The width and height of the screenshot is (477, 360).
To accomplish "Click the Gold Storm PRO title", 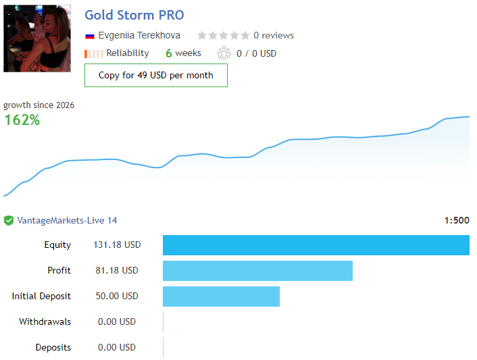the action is (134, 15).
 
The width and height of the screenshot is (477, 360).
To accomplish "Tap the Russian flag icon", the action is (90, 36).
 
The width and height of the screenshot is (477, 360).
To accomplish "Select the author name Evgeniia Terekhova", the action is (139, 36).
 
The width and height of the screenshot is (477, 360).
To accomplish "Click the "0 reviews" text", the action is (274, 36).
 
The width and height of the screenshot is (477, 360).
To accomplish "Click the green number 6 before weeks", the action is (169, 53).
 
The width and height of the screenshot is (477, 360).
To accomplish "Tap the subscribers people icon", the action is (224, 53).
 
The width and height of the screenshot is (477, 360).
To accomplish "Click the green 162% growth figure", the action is (22, 120).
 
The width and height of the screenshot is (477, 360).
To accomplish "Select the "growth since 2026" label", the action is (39, 105).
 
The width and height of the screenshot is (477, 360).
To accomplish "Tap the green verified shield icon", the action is (9, 220).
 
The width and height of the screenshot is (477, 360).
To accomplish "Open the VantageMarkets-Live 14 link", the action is (67, 220).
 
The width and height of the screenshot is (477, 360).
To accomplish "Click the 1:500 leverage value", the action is (457, 220).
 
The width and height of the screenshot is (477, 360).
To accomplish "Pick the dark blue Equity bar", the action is (316, 245).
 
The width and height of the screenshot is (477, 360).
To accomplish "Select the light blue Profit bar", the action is (257, 271).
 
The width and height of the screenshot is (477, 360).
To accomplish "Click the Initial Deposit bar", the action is (221, 297).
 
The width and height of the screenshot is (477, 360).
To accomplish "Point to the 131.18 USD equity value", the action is (117, 245).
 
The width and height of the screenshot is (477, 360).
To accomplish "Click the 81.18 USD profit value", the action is (117, 270).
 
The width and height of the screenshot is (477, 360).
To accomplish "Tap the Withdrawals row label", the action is (45, 322).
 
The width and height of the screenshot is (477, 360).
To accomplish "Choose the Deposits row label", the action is (53, 347).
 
